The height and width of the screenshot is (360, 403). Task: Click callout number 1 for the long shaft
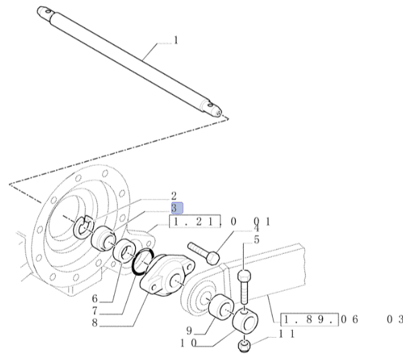(x=176, y=40)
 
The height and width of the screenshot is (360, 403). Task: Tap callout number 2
(x=174, y=196)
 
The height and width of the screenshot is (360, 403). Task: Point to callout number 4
(x=257, y=228)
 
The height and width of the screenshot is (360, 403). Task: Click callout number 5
(x=257, y=240)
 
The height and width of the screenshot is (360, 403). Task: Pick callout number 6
(x=95, y=299)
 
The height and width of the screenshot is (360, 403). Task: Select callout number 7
(x=95, y=311)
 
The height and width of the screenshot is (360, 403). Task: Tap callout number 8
(x=95, y=323)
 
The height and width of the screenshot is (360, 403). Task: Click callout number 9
(x=189, y=330)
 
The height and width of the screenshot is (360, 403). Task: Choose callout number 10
(x=188, y=343)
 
